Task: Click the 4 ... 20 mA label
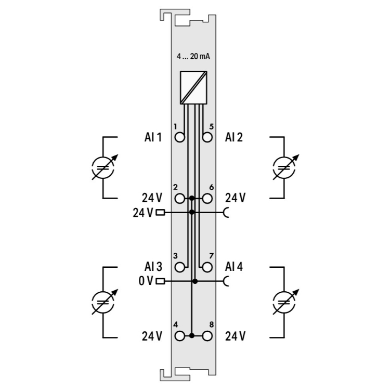coord(193,57)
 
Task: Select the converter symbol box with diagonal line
coord(193,87)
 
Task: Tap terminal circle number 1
coord(179,137)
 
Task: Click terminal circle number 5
coord(207,137)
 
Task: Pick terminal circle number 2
coord(179,199)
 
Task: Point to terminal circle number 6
coord(207,199)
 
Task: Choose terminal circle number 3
coord(179,267)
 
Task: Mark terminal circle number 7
coord(207,267)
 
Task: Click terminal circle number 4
coord(179,336)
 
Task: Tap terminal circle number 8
coord(207,336)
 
